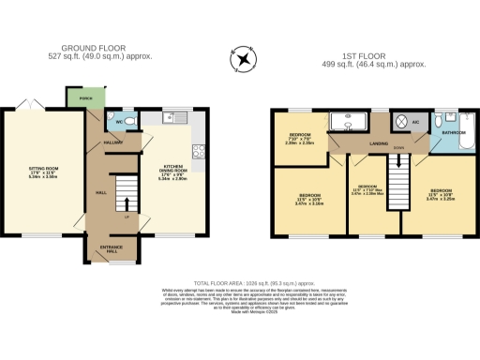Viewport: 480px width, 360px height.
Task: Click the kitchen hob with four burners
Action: [199, 150]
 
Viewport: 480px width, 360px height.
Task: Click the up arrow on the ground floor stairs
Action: [127, 201]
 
